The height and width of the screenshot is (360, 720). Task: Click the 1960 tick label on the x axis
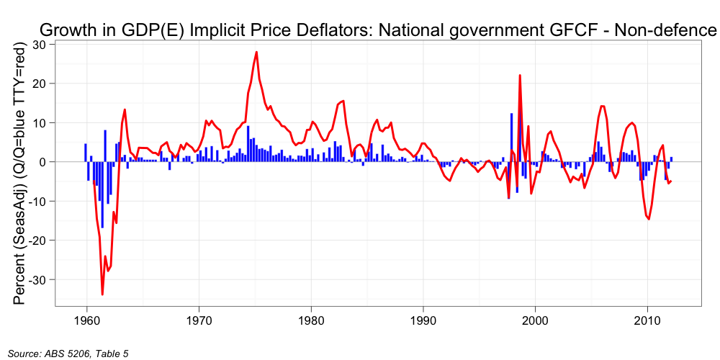click(x=86, y=318)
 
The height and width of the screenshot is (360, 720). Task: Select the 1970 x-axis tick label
click(x=199, y=318)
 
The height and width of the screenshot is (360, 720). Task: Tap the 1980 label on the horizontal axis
click(x=311, y=318)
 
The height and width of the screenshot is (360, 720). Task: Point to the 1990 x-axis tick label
click(x=423, y=318)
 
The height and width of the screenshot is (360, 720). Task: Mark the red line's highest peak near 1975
click(x=256, y=52)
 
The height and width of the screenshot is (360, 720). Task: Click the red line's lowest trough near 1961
click(x=102, y=294)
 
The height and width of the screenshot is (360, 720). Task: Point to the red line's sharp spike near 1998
click(x=520, y=76)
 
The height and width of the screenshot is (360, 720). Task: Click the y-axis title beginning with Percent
click(x=21, y=173)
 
